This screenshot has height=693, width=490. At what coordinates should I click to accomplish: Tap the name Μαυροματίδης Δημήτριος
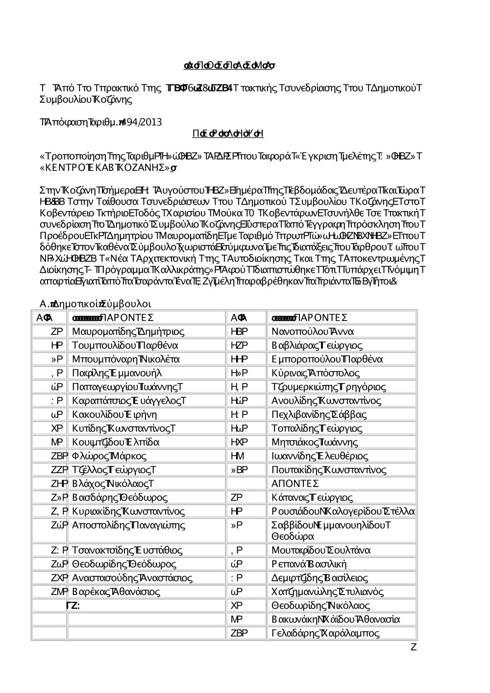pos(128,332)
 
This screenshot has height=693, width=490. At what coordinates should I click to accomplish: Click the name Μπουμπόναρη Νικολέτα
pos(126,359)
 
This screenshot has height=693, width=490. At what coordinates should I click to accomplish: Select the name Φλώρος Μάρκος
pos(109,456)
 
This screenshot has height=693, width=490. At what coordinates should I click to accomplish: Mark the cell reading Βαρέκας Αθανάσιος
pos(116,592)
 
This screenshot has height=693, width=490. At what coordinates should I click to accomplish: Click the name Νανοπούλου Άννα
pos(313,332)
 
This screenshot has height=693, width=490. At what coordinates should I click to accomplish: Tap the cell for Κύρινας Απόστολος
pos(316,373)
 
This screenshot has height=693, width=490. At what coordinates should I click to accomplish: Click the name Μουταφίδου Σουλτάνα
pos(321,550)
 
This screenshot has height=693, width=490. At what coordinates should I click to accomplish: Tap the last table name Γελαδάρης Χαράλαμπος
pos(325,633)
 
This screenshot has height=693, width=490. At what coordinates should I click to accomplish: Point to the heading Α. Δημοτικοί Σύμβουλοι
pos(96,303)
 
